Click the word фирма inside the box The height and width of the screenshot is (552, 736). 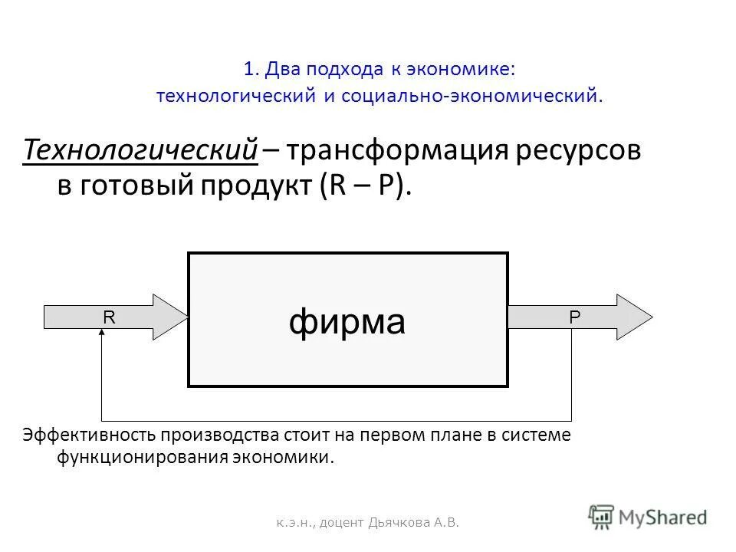(347, 322)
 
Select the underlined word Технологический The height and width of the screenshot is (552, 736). (140, 151)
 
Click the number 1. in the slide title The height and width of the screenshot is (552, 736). (251, 69)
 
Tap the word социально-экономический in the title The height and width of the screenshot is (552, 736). (468, 96)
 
